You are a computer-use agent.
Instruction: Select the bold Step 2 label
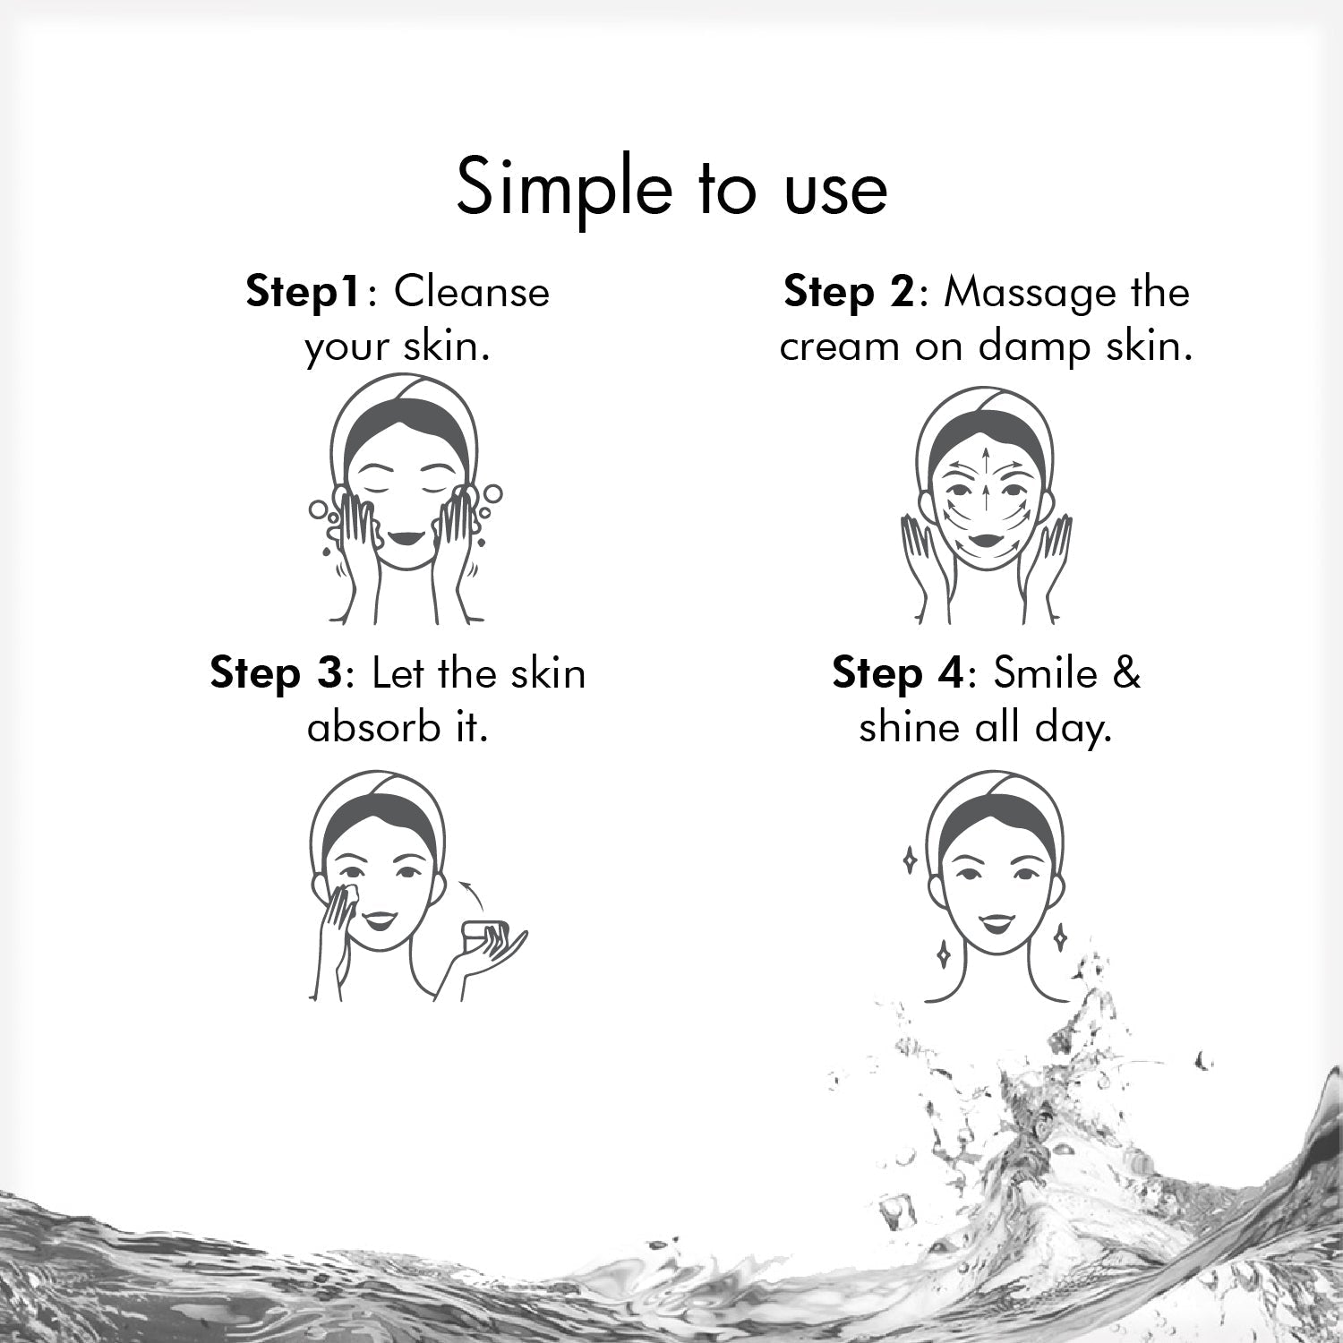[x=848, y=294]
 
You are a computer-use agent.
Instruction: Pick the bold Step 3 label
[x=275, y=673]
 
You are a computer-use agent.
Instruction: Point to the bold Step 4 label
[x=897, y=673]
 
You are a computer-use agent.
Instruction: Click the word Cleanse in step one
[x=472, y=293]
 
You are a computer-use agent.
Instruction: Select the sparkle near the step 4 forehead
[x=910, y=860]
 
